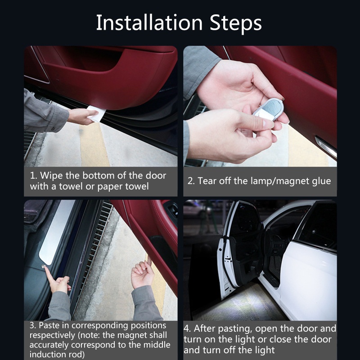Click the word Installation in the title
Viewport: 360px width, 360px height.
pyautogui.click(x=149, y=22)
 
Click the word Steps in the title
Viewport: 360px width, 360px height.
pyautogui.click(x=235, y=24)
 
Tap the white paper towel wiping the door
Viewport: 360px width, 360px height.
pyautogui.click(x=96, y=113)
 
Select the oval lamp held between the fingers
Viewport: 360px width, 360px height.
pyautogui.click(x=269, y=109)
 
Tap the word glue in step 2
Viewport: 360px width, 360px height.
pyautogui.click(x=321, y=182)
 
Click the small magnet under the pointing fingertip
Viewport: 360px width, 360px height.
pyautogui.click(x=43, y=266)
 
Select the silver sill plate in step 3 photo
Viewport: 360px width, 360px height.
pyautogui.click(x=55, y=232)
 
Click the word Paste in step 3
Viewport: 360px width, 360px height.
pyautogui.click(x=48, y=325)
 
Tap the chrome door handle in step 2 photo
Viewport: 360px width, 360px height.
pyautogui.click(x=326, y=147)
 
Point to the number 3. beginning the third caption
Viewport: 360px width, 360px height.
pyautogui.click(x=32, y=325)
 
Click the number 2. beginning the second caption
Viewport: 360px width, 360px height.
pyautogui.click(x=191, y=181)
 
